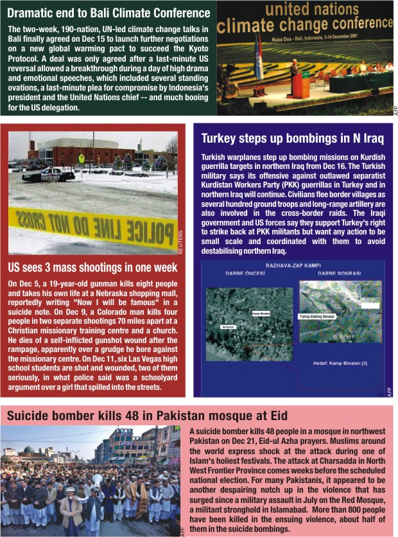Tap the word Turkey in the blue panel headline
[x=220, y=139]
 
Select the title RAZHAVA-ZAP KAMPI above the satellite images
[x=293, y=265]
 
